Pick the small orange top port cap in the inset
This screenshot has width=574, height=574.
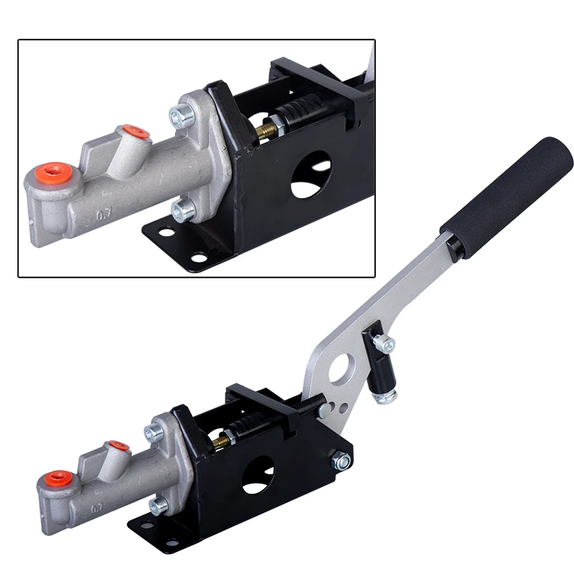click(x=134, y=132)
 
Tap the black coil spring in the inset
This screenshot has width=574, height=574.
click(x=301, y=115)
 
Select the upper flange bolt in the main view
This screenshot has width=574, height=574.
click(x=153, y=432)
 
